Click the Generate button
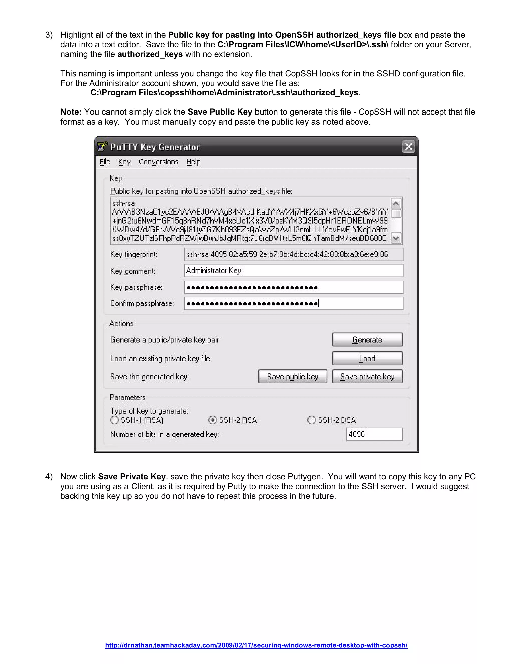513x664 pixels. tap(367, 339)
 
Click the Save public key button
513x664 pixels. tap(292, 376)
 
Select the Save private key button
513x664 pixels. tap(367, 376)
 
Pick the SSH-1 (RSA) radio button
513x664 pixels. tap(114, 420)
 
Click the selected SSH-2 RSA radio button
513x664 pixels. tap(213, 420)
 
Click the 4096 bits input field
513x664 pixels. tap(374, 434)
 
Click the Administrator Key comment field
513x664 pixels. tap(293, 271)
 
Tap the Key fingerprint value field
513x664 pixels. tap(293, 254)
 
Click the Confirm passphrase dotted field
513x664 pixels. tap(293, 303)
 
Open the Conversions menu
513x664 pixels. tap(158, 162)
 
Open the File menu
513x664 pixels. tap(105, 162)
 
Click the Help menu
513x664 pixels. tap(193, 162)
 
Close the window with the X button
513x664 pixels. tap(408, 147)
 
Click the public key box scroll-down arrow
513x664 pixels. tap(396, 238)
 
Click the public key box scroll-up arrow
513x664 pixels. tap(396, 203)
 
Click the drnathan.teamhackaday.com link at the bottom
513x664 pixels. tap(256, 645)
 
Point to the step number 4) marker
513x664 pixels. tap(49, 476)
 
